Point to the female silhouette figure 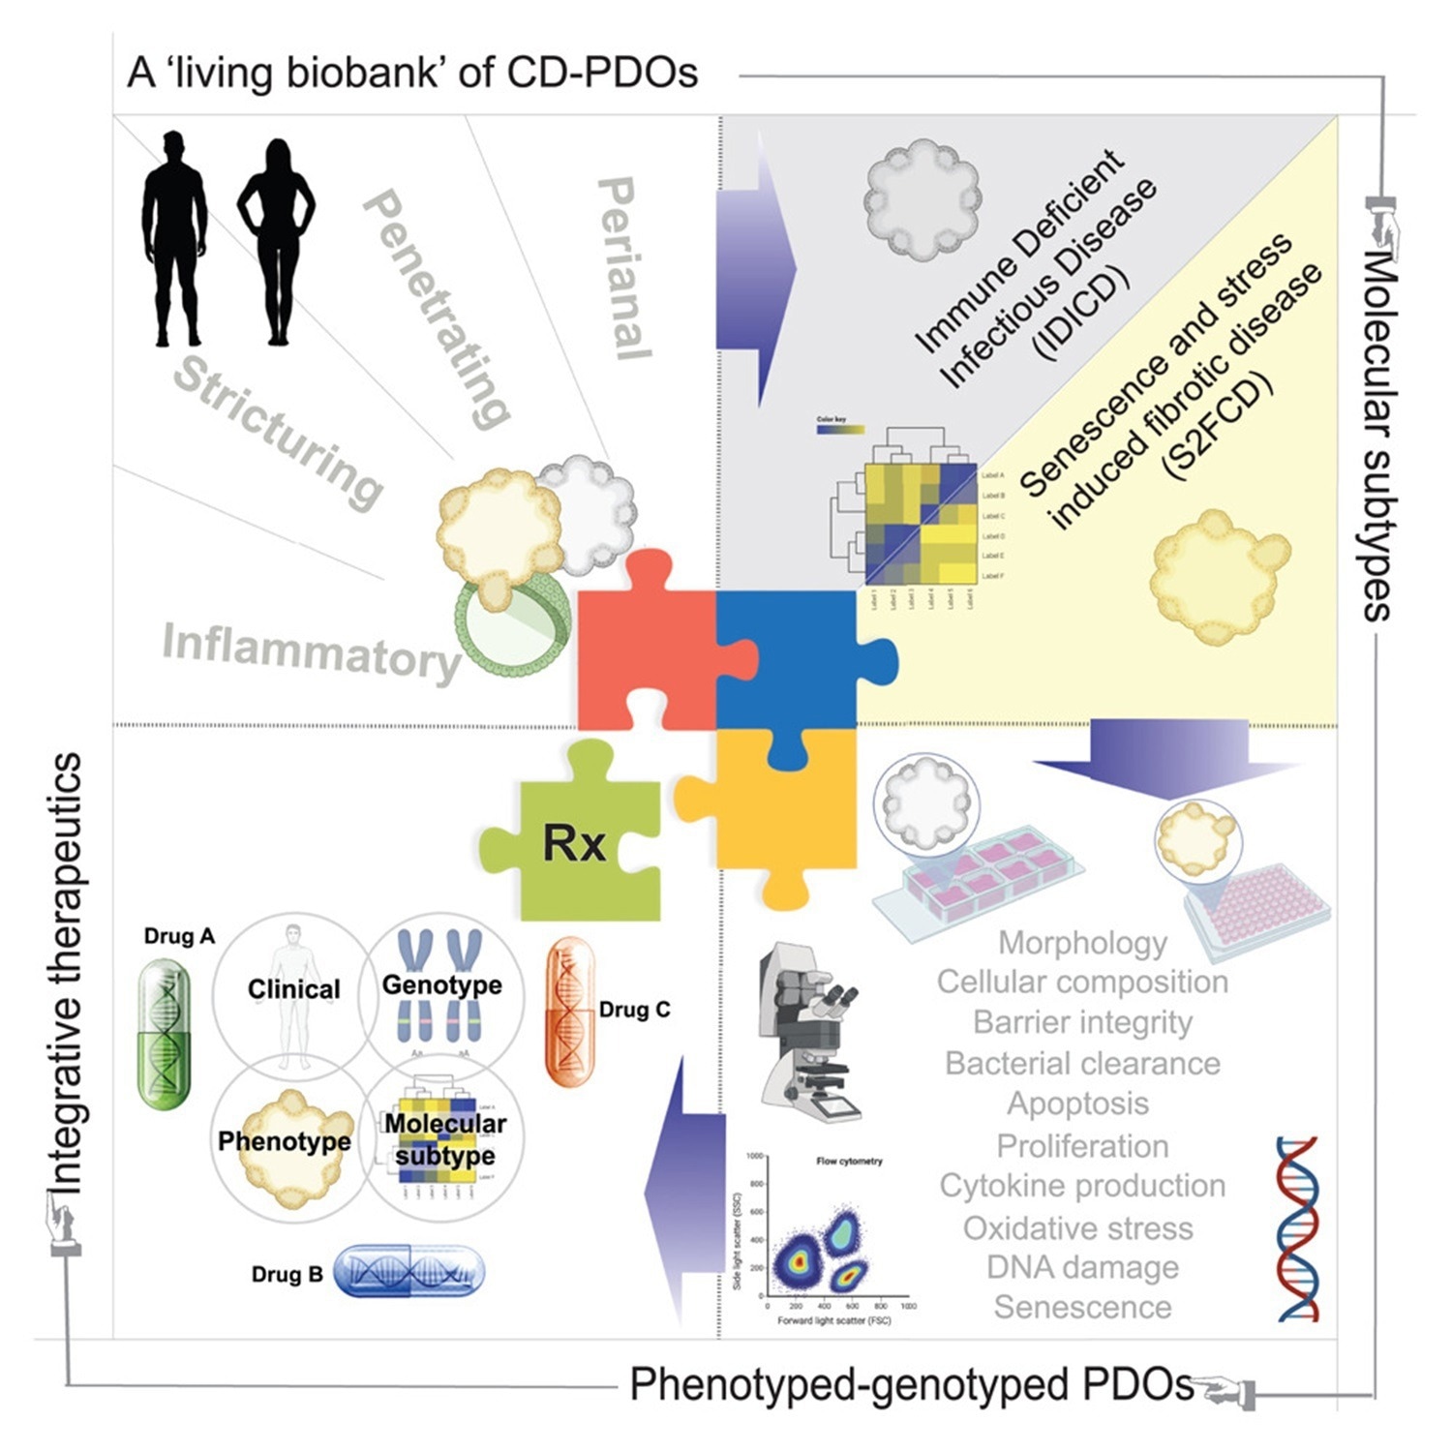coord(277,242)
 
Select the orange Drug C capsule coord(570,1012)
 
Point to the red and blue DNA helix coord(1297,1229)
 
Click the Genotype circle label coord(442,984)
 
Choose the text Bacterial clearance coord(1082,1063)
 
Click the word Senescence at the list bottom coord(1082,1307)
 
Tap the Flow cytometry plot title coord(849,1161)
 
